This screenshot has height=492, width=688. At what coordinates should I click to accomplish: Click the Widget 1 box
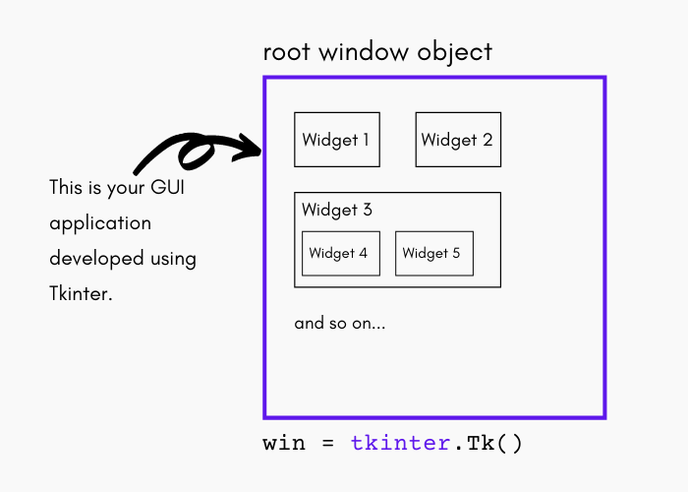pos(337,140)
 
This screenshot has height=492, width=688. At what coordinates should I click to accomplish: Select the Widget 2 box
pos(457,140)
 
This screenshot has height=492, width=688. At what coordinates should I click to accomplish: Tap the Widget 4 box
pos(338,254)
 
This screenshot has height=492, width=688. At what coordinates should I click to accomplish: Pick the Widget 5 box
pos(433,254)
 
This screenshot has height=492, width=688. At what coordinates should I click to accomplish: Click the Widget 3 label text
pos(337,210)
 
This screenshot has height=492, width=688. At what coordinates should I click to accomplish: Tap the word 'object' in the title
pos(455,52)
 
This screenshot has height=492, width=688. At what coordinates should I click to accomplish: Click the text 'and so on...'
pos(340,323)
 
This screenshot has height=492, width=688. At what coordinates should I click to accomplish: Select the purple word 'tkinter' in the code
pos(400,443)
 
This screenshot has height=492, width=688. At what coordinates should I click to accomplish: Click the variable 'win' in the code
pos(284,443)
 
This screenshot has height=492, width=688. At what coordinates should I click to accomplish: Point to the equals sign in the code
pos(327,444)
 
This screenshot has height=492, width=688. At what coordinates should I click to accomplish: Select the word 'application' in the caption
pos(100,224)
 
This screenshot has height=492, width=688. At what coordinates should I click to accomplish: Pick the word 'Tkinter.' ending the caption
pos(81,294)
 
